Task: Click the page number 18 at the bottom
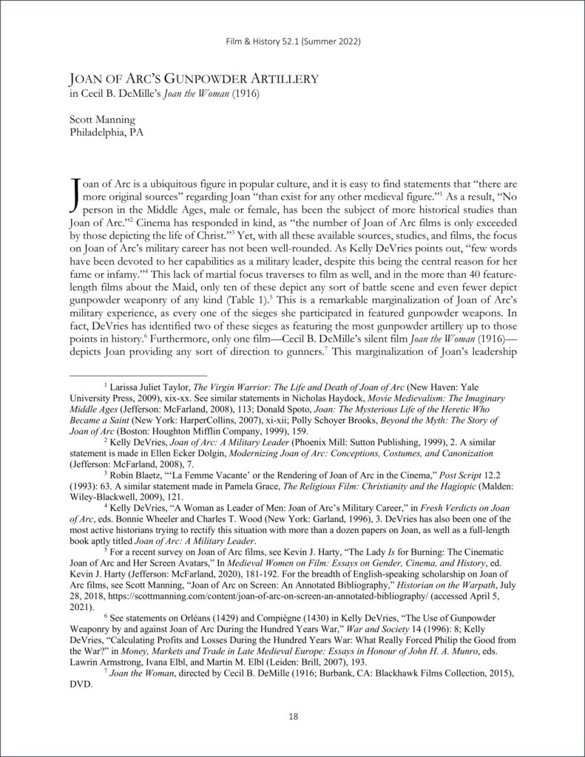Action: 292,716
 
